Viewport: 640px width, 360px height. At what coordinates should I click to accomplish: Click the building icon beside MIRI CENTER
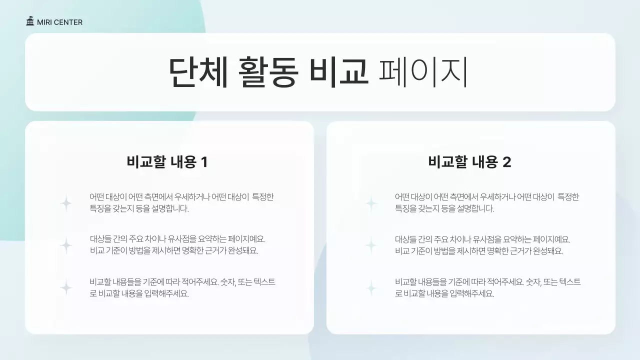pos(30,22)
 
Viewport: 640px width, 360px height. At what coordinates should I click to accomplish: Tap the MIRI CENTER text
pos(59,22)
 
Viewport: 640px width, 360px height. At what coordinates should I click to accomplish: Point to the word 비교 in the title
pos(338,73)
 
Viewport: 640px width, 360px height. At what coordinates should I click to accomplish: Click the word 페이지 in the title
pos(423,73)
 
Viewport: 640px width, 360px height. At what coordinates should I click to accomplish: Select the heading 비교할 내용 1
pos(167,162)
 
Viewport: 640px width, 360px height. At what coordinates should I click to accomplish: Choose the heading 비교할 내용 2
pos(469,162)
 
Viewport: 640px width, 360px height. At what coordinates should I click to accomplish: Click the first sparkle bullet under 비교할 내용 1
pos(66,203)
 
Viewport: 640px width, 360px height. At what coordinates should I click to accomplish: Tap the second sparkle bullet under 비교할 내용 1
pos(66,245)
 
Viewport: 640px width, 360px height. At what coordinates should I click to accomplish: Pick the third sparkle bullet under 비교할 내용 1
pos(66,287)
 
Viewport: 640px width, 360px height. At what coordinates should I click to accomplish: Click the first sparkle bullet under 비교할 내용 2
pos(371,203)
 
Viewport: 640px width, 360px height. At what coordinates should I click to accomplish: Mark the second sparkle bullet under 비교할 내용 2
pos(371,245)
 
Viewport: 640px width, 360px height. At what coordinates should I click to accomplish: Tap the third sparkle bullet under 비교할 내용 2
pos(371,287)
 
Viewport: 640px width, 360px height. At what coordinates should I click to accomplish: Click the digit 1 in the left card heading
pos(203,162)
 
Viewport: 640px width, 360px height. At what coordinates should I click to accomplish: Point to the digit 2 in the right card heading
pos(506,162)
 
